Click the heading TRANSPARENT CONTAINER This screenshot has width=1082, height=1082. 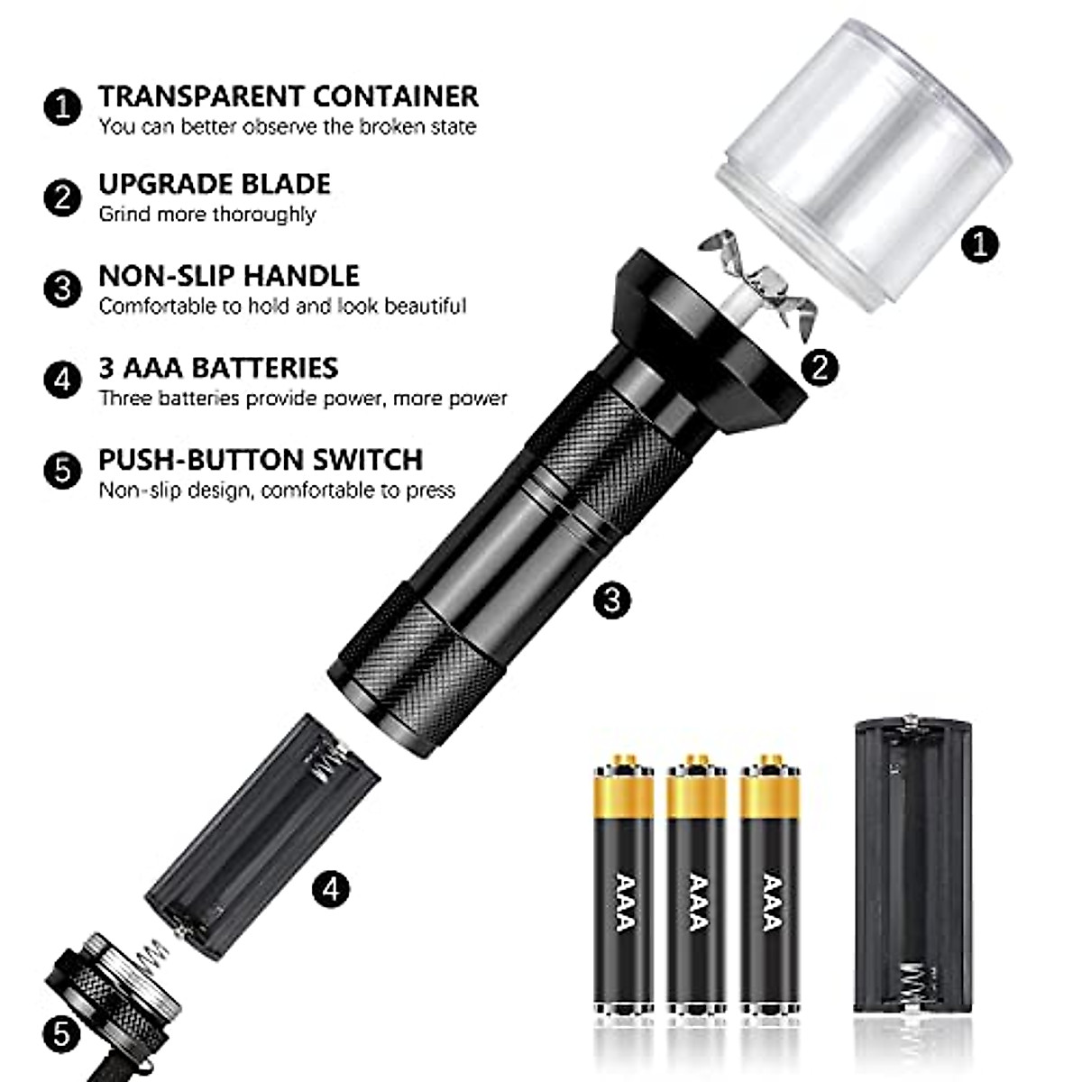289,96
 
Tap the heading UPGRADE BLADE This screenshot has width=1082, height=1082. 215,184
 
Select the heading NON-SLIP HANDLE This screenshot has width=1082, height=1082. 229,275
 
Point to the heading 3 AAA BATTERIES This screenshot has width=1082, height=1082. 218,368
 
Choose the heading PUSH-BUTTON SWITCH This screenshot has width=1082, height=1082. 261,460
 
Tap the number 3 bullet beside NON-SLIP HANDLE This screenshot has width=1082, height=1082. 62,289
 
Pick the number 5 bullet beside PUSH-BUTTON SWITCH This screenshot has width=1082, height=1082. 62,472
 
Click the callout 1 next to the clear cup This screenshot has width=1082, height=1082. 980,243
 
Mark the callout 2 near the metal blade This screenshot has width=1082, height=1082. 820,366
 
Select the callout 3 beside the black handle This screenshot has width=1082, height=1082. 613,600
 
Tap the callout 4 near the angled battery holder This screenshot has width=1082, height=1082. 331,890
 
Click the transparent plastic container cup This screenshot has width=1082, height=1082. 864,167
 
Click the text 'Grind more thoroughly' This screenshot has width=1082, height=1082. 207,215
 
